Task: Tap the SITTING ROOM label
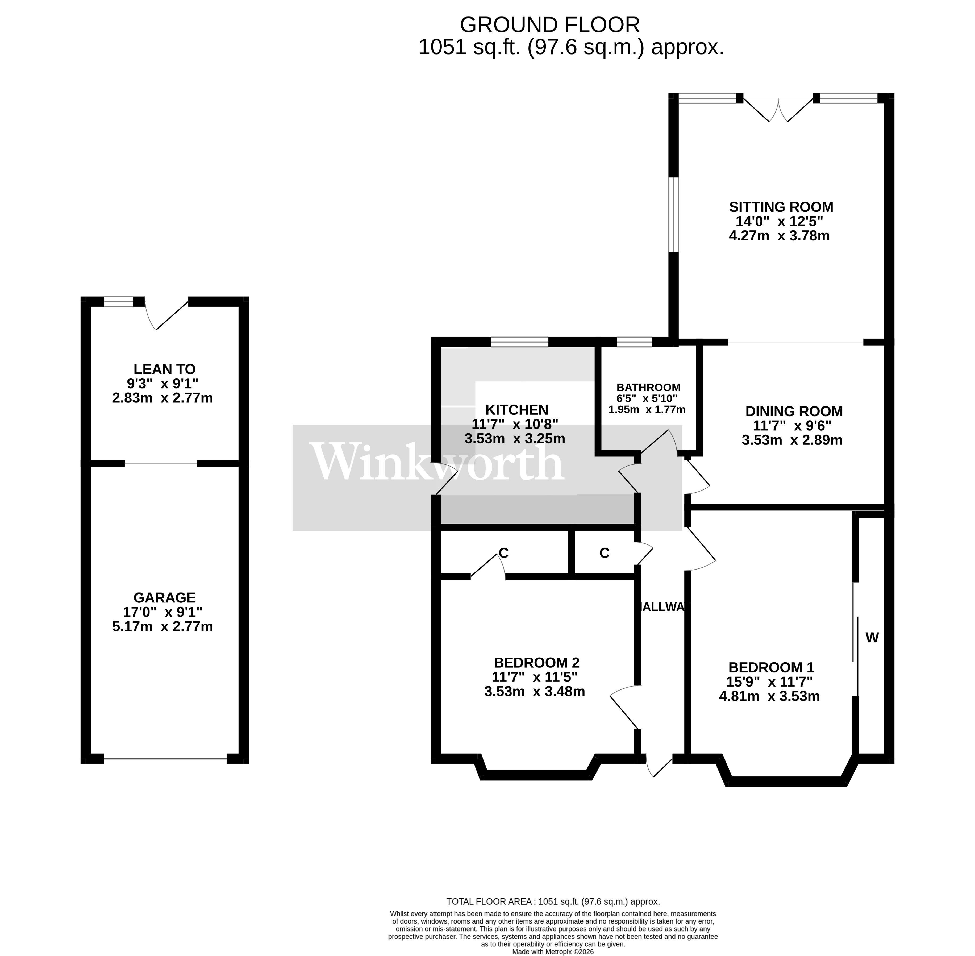781,207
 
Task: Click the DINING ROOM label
794,411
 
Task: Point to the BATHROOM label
648,388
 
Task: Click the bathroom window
634,342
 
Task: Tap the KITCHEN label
516,410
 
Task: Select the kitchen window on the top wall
520,342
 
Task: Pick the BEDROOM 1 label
771,667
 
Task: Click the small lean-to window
119,301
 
